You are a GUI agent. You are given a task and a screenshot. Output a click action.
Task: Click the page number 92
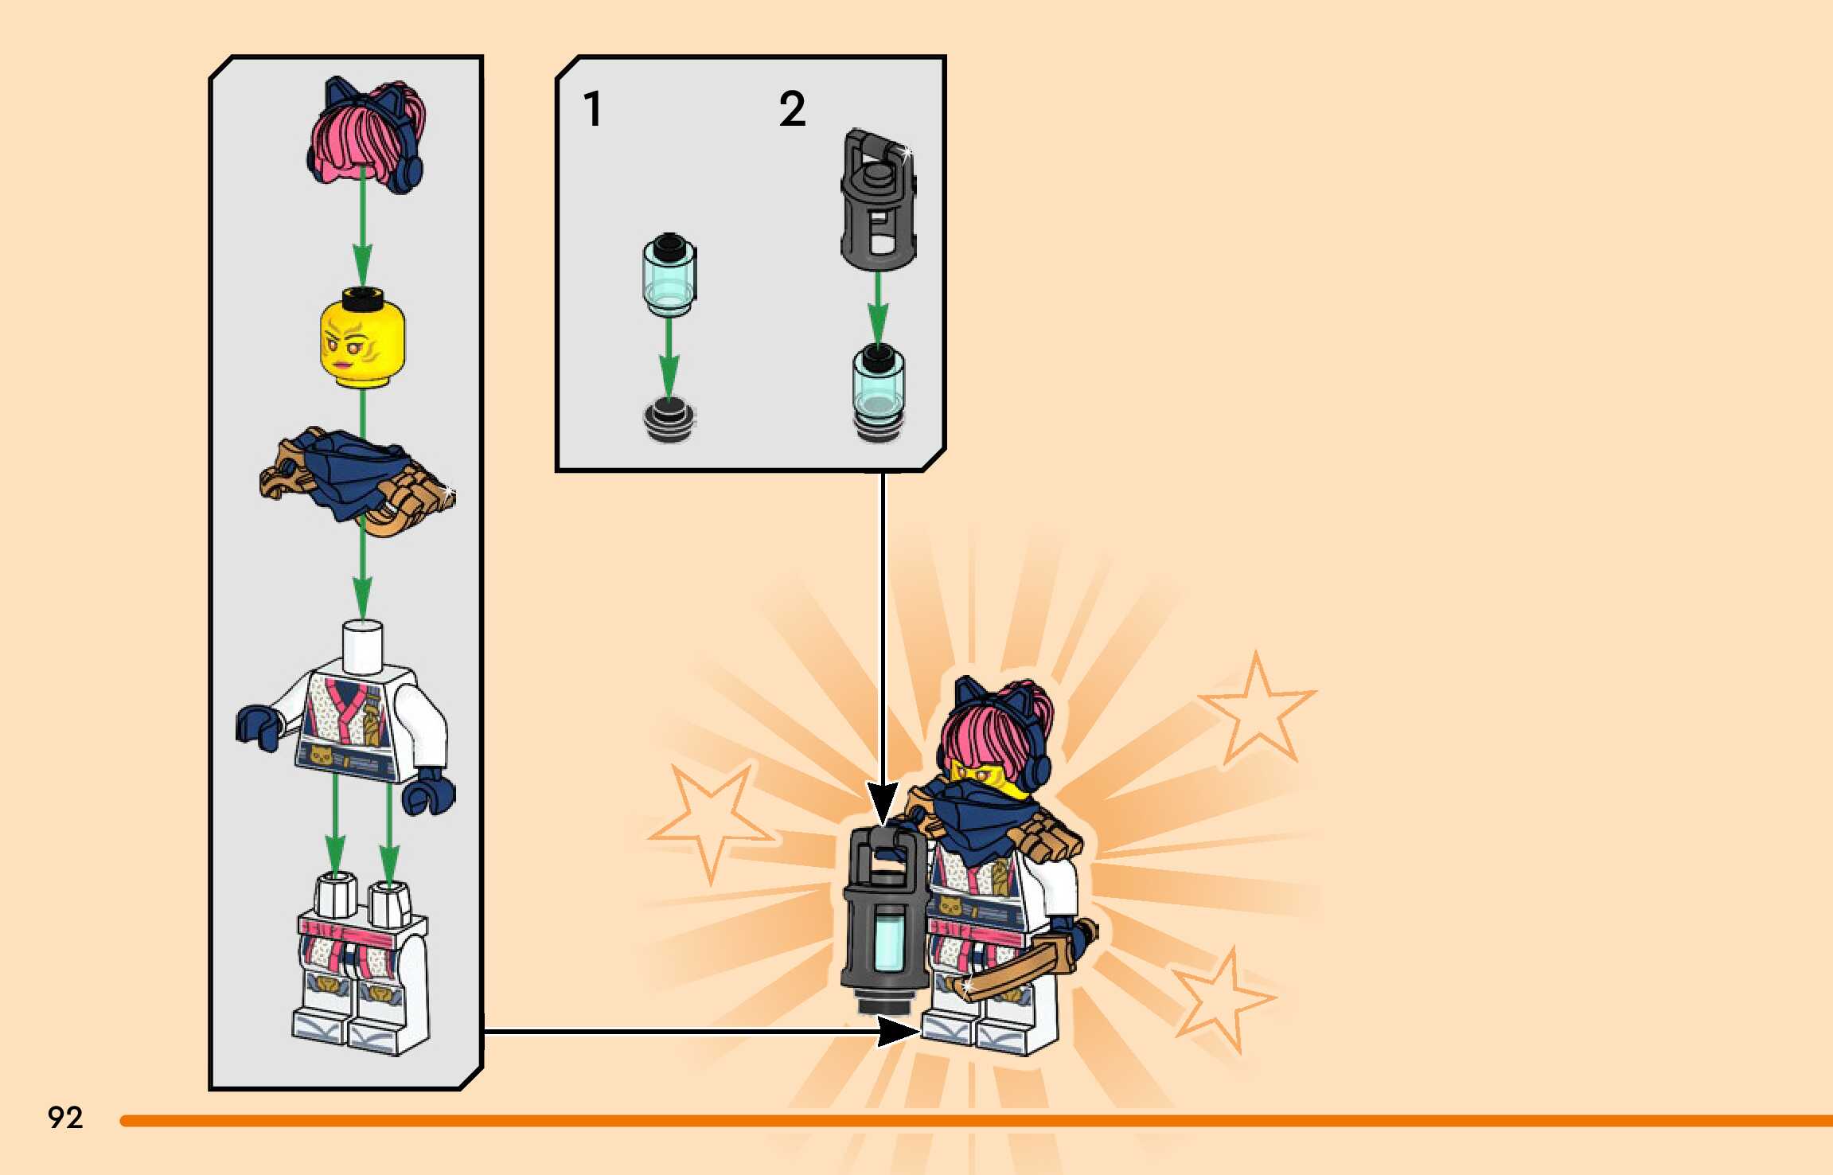point(65,1118)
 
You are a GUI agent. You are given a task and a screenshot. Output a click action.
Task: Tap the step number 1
point(592,109)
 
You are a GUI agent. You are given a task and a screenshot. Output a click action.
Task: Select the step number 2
point(792,109)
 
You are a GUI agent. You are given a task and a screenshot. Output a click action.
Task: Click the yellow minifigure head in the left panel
point(362,343)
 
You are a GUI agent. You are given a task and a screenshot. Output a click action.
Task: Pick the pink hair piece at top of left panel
point(365,135)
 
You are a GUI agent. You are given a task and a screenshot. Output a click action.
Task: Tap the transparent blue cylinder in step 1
point(669,275)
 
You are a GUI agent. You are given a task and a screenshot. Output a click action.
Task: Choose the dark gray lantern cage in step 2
point(878,203)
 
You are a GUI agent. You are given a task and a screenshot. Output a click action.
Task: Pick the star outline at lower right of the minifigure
point(1222,999)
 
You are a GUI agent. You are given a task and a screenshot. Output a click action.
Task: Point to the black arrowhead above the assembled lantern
point(882,804)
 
